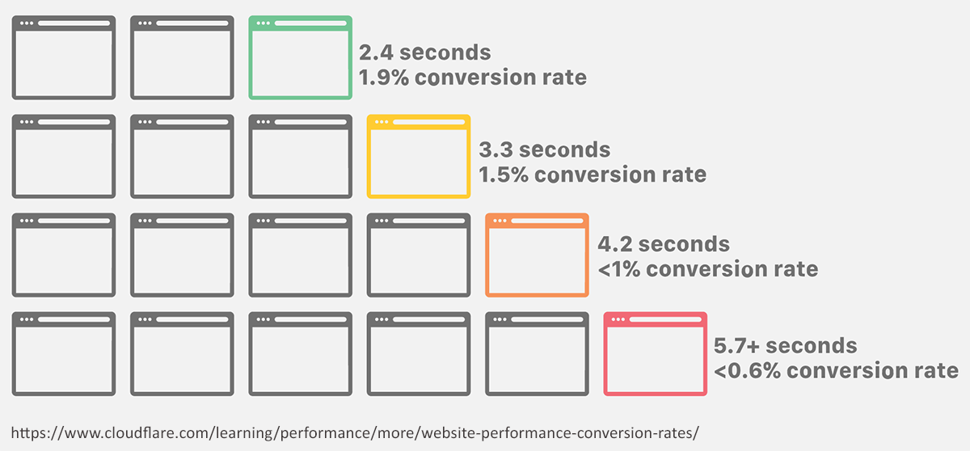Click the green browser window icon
300,23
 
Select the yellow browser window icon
419,121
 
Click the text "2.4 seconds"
425,53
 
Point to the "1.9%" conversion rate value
384,78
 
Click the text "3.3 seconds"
544,150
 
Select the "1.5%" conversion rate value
503,175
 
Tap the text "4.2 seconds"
664,244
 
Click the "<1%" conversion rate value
619,269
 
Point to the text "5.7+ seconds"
786,346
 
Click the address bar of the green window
310,23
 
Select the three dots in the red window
618,319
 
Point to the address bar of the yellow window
428,121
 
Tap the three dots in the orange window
500,221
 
